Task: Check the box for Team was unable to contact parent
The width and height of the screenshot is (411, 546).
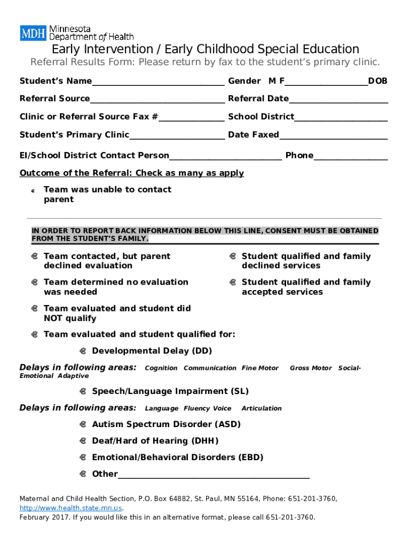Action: coord(33,190)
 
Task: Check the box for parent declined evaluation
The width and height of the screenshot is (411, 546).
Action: coord(34,256)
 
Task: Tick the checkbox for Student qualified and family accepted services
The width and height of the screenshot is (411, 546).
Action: coord(233,282)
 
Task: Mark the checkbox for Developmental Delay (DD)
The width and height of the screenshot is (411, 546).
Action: coord(83,351)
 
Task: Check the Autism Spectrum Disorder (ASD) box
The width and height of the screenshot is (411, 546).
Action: coord(83,424)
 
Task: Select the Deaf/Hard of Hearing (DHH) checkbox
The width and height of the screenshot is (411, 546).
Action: coord(83,441)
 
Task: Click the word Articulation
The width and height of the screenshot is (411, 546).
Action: coord(262,408)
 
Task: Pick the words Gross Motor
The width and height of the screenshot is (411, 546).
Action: coord(311,368)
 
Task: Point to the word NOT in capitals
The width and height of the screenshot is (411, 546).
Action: coord(54,318)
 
